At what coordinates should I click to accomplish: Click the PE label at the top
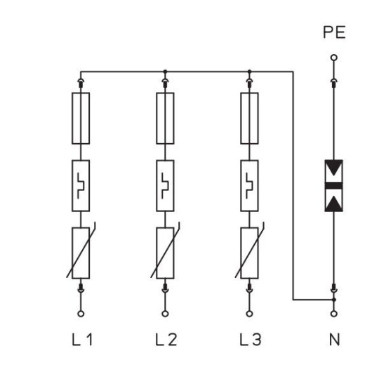tap(334, 32)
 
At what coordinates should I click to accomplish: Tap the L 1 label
tap(82, 340)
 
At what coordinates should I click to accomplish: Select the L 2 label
tap(166, 340)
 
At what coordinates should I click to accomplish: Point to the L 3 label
tap(251, 340)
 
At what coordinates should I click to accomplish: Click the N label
tap(334, 340)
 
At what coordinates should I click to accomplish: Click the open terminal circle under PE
tap(334, 58)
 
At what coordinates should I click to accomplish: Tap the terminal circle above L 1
tap(81, 314)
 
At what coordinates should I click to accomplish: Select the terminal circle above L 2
tap(165, 314)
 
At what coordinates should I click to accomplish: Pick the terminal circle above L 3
tap(249, 314)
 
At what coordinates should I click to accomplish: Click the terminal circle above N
tap(334, 314)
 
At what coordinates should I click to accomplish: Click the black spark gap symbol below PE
tap(334, 185)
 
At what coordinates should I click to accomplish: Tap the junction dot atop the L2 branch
tap(165, 72)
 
